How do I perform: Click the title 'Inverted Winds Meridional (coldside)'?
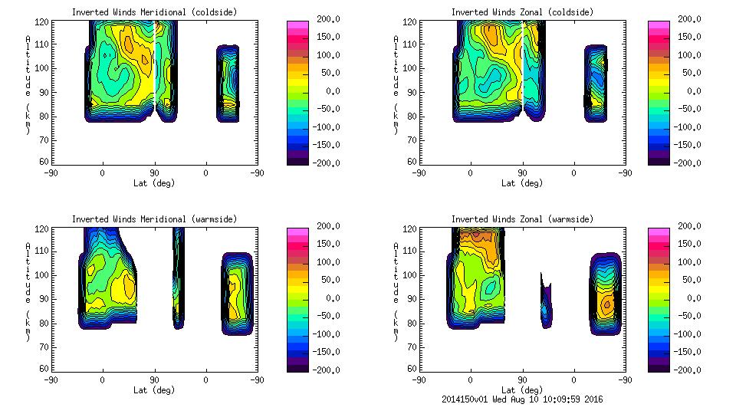tap(154, 12)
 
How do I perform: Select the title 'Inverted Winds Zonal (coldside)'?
tap(522, 12)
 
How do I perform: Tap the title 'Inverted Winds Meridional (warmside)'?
tap(154, 219)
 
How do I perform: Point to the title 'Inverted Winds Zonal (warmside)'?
tap(522, 219)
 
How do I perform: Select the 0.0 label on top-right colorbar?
tap(694, 91)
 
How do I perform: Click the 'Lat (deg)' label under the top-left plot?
tap(154, 183)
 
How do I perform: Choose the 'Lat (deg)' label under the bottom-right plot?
tap(522, 390)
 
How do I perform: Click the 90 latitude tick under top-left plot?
tap(154, 173)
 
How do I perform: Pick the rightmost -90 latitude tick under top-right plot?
tap(625, 173)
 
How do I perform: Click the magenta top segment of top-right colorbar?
tap(659, 26)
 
